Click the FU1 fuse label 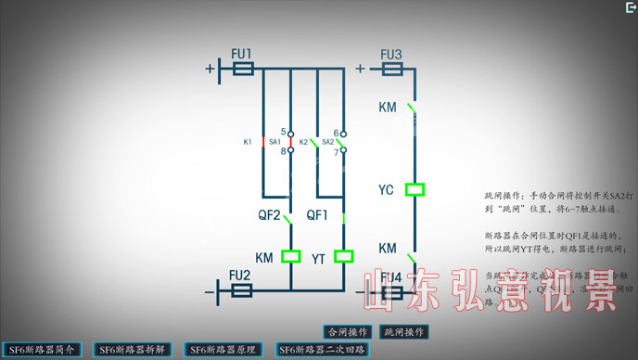point(241,53)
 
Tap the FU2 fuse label point(239,276)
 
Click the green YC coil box point(415,189)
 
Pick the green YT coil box point(344,256)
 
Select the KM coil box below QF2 point(291,256)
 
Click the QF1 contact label point(318,214)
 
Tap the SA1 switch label point(275,142)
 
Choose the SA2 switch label point(328,142)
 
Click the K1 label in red point(248,142)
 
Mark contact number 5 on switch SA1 point(283,132)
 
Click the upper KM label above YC point(388,108)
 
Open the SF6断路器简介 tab point(42,350)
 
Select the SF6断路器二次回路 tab point(324,350)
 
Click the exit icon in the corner point(630,6)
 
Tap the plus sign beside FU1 point(210,69)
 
